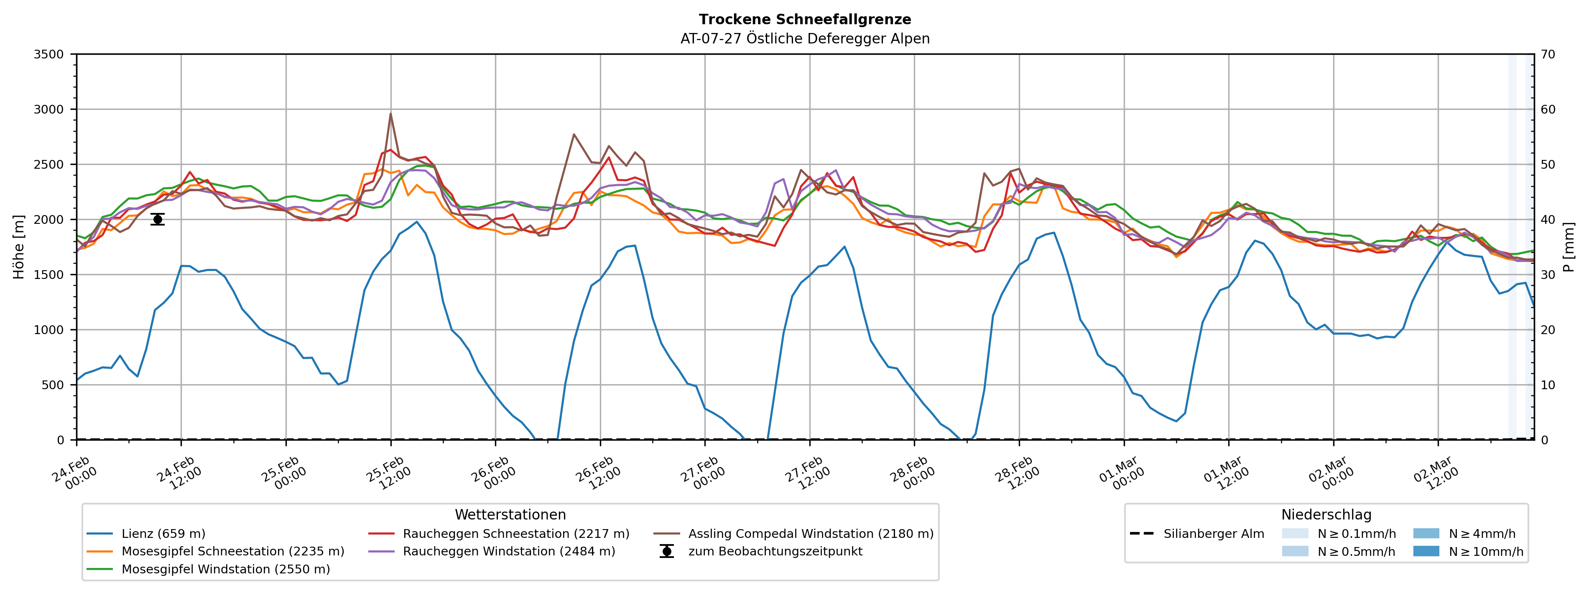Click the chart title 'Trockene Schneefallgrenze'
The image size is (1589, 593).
[x=804, y=20]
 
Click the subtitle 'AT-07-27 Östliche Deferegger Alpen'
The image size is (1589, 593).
[x=804, y=39]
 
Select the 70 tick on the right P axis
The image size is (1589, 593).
[x=1548, y=54]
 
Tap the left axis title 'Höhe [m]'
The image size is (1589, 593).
[x=19, y=246]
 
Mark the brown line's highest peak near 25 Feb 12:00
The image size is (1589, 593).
[x=390, y=114]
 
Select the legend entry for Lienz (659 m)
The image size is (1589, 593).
[x=163, y=534]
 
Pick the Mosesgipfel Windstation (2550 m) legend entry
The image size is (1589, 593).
[x=225, y=569]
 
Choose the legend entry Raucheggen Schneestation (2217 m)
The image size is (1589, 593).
[x=516, y=534]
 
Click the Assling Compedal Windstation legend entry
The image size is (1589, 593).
[x=810, y=534]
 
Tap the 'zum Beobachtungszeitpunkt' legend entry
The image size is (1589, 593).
[x=775, y=551]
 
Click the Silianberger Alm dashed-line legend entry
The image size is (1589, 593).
[x=1213, y=534]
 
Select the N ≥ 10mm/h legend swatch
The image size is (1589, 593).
[x=1426, y=551]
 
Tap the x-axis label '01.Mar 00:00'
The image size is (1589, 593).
[x=1121, y=474]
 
